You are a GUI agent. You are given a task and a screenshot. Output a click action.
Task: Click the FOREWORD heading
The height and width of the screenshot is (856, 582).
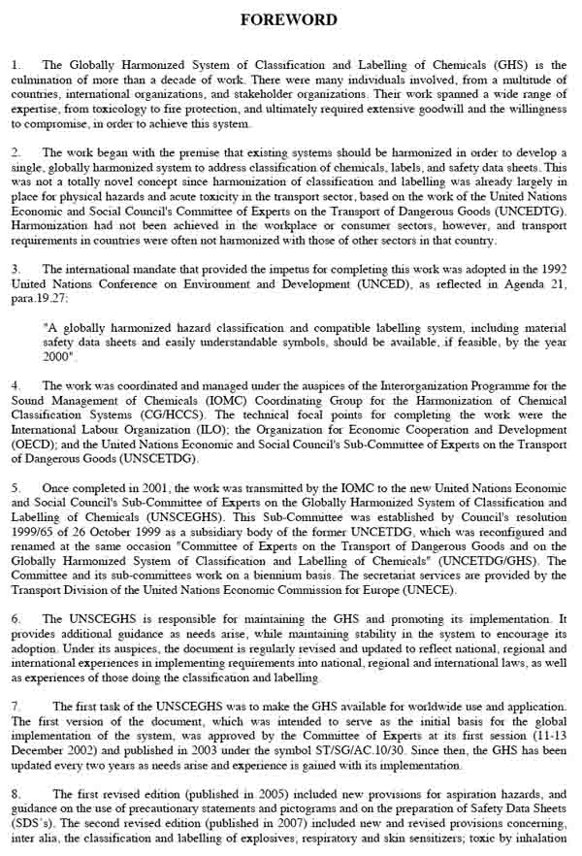pyautogui.click(x=289, y=19)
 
